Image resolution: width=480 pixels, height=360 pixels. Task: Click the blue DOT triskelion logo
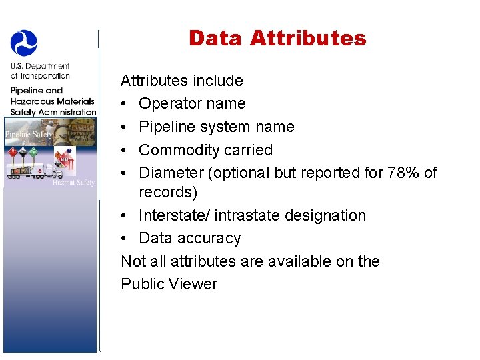(24, 42)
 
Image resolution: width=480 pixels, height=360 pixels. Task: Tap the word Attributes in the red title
(308, 38)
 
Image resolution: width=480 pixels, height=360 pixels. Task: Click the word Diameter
(171, 173)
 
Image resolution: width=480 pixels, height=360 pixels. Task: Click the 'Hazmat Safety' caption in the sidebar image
(74, 183)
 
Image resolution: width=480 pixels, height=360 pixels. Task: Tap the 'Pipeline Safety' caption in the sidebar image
(27, 135)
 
